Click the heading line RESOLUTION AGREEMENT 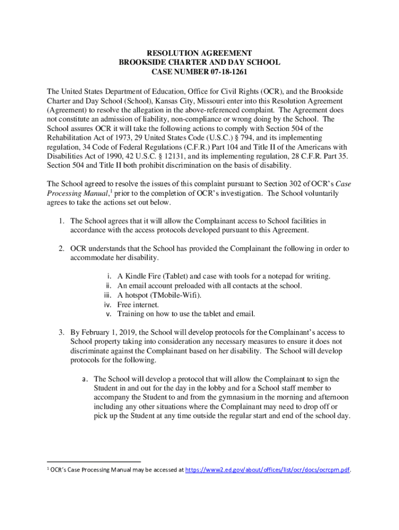tap(199, 53)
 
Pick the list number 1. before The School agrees tap(61, 221)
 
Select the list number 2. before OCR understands tap(61, 249)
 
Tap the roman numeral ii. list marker tap(109, 286)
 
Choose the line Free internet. tap(138, 304)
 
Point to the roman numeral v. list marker tap(109, 314)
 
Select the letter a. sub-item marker tap(85, 379)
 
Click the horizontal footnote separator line tap(94, 461)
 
